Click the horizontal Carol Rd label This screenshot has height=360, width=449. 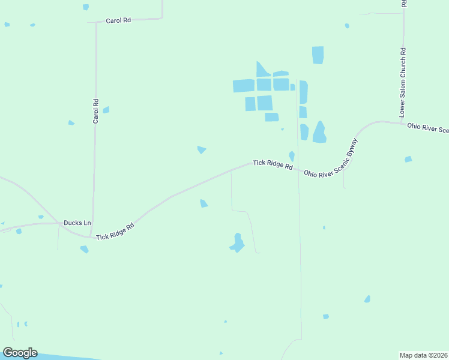click(118, 20)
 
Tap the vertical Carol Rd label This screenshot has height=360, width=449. click(95, 111)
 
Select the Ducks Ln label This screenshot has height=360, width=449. click(77, 223)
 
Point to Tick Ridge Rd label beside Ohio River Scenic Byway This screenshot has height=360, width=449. click(273, 164)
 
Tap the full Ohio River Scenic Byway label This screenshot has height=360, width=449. click(331, 158)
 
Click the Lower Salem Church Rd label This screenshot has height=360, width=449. click(403, 83)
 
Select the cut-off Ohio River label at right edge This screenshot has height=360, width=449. click(427, 128)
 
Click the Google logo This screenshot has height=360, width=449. click(20, 353)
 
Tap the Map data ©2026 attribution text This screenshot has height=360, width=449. click(423, 355)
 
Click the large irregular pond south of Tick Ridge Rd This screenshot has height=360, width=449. click(237, 243)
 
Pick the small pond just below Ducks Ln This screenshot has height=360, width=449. click(84, 249)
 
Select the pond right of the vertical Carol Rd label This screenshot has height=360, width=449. click(106, 110)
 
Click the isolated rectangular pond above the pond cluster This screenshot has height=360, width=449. click(318, 55)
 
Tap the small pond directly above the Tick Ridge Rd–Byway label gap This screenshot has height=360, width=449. click(292, 155)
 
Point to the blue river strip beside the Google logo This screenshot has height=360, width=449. click(66, 356)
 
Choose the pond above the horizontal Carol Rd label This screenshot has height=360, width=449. click(86, 7)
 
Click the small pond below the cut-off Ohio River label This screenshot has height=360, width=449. click(408, 159)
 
